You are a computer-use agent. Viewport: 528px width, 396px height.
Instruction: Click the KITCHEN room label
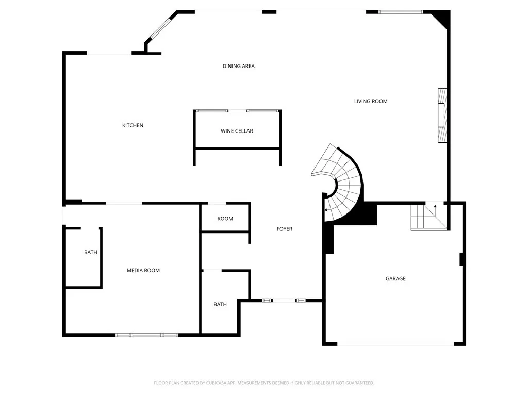[133, 125]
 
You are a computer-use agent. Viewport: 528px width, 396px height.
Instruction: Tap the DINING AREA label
[238, 66]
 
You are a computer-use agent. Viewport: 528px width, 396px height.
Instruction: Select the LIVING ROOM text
[371, 101]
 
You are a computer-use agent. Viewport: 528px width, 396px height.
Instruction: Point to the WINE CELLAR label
[237, 130]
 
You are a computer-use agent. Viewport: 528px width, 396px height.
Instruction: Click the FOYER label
[285, 229]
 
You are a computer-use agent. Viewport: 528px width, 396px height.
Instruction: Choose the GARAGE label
[395, 278]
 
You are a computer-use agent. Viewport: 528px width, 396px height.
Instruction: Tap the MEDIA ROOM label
[143, 270]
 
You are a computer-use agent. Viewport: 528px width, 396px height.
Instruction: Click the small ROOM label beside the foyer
[225, 219]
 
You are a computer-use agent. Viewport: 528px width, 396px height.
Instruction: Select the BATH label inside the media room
[91, 252]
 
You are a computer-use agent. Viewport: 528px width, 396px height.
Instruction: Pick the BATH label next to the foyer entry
[220, 304]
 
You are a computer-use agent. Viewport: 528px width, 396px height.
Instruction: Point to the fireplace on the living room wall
[442, 115]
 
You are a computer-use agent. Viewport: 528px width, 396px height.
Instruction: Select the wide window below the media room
[146, 335]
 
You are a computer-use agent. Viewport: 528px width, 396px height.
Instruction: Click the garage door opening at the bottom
[395, 344]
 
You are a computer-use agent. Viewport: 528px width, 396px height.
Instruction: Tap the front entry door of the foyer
[284, 301]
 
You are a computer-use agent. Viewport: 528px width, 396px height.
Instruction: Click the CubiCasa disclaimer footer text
[263, 383]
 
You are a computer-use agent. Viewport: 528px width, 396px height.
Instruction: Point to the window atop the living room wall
[400, 12]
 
